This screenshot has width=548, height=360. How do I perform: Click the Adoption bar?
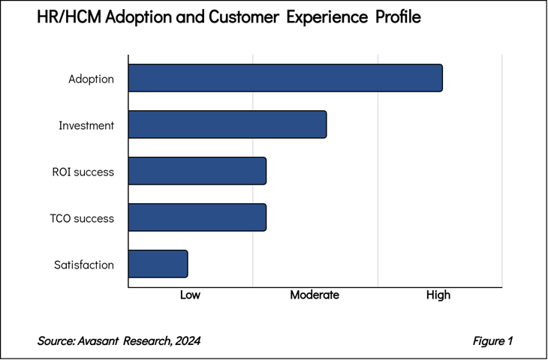(x=285, y=78)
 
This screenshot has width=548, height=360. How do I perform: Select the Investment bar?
(x=227, y=124)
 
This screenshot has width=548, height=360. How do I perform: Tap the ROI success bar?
(x=197, y=171)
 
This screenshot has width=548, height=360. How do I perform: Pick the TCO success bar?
(x=197, y=217)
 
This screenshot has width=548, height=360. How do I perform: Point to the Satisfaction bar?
(x=158, y=264)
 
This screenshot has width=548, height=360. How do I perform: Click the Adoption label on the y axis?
(x=91, y=79)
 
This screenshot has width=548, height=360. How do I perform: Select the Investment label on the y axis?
(x=86, y=125)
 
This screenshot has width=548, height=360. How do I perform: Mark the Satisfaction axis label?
(x=84, y=265)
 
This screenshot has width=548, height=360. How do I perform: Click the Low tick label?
(x=190, y=295)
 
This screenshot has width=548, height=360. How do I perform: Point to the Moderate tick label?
(x=315, y=295)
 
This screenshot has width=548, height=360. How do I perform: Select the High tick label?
(x=438, y=295)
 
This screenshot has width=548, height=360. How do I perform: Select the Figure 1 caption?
(x=492, y=341)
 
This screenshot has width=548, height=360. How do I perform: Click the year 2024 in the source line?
(x=186, y=341)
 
